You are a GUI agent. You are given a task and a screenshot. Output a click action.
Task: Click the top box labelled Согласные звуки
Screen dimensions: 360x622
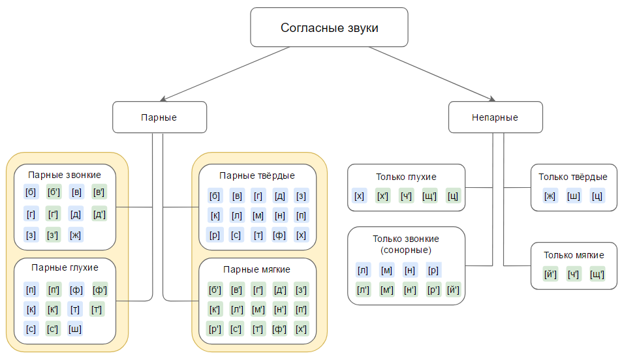point(329,27)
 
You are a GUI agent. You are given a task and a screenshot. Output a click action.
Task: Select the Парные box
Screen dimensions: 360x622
point(159,117)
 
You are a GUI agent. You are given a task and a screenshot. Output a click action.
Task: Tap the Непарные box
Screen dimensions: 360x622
point(495,117)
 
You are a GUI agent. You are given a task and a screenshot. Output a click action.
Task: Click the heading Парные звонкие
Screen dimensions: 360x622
point(65,175)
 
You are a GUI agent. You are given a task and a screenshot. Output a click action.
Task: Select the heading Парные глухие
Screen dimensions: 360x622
point(65,267)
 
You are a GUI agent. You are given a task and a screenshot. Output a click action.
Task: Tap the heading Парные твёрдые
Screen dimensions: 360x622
point(257,175)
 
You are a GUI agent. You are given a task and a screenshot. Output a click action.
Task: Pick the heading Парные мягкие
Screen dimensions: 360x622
point(257,269)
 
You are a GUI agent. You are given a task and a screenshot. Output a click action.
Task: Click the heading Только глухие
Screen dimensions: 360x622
point(406,176)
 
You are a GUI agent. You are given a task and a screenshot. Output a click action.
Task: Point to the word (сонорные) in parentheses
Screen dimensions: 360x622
point(406,250)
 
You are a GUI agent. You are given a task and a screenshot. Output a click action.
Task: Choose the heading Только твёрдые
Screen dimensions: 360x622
point(573,177)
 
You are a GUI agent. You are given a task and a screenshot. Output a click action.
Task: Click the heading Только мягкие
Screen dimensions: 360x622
point(574,255)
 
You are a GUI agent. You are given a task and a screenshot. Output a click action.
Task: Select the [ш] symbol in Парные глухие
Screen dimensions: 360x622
point(76,328)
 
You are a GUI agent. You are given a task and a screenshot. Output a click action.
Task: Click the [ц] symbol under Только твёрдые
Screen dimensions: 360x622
point(597,195)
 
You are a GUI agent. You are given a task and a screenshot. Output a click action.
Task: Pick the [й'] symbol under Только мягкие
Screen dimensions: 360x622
point(550,274)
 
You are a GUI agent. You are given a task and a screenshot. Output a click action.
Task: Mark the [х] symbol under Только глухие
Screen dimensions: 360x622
point(359,195)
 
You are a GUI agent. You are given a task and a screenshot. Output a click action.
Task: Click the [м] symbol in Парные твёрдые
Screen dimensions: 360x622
point(258,215)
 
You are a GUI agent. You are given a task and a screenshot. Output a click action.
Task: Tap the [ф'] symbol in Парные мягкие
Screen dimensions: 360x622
point(279,328)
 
